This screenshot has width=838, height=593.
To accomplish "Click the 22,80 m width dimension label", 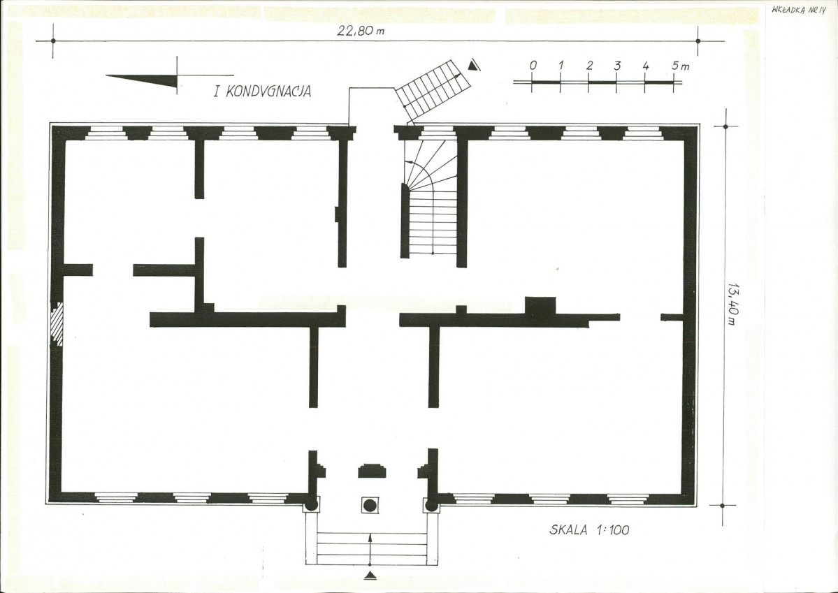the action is click(x=360, y=30).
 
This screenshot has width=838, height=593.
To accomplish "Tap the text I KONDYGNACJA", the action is click(x=262, y=91).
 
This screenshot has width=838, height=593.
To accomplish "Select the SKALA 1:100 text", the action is click(x=589, y=530).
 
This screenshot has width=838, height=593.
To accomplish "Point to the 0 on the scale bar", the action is click(x=533, y=66).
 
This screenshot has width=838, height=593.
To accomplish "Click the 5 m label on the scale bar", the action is click(x=680, y=66).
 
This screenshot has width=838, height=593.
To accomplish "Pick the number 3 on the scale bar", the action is click(x=617, y=66).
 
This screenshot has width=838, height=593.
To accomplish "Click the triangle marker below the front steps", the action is click(x=370, y=576).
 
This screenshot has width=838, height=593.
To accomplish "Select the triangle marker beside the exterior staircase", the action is click(x=473, y=65).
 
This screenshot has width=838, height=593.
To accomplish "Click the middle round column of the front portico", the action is click(x=370, y=505).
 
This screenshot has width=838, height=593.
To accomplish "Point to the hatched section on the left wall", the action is click(x=57, y=324).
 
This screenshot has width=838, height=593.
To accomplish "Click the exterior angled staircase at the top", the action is click(x=433, y=89).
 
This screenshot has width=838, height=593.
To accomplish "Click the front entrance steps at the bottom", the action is click(x=371, y=548).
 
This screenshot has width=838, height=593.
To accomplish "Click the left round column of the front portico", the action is click(x=310, y=505).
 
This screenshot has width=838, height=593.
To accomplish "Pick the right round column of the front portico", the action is click(x=431, y=505).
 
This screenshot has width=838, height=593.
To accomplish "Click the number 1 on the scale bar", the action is click(x=561, y=66).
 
